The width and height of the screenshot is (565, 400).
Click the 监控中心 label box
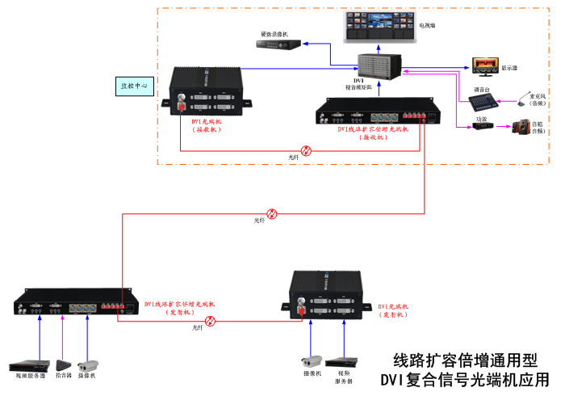pos(134,84)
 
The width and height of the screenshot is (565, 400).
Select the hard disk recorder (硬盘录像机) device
pos(279,46)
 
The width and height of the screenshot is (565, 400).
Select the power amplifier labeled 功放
pos(483,127)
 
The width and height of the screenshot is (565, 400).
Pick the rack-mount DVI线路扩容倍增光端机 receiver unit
pos(379,112)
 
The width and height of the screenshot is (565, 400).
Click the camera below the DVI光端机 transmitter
pos(312,361)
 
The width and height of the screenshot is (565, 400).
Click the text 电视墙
pos(427,26)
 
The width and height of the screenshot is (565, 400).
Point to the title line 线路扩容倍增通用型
pos(463,360)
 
